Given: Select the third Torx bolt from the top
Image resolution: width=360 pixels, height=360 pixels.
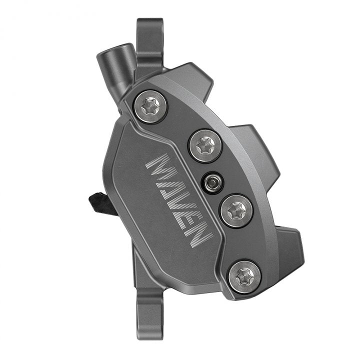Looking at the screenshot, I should pyautogui.click(x=235, y=211).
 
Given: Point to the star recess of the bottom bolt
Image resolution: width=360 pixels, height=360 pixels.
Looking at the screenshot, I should pyautogui.click(x=244, y=275).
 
